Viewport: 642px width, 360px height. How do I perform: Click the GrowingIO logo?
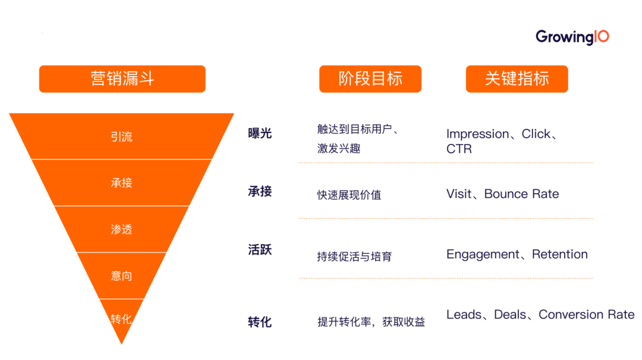[572, 37]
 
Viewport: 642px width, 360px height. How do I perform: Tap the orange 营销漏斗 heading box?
[122, 78]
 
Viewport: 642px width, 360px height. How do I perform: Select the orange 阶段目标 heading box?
[370, 78]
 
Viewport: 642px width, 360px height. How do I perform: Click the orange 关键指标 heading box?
[517, 78]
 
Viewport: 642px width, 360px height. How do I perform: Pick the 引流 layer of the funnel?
[121, 137]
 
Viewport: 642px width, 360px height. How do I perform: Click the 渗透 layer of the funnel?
[121, 229]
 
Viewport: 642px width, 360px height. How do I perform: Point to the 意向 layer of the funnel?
[121, 276]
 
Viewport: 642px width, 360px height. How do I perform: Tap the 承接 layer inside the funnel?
[121, 183]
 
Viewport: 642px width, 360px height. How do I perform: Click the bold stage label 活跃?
[260, 250]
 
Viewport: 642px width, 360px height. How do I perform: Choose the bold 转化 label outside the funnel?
[260, 322]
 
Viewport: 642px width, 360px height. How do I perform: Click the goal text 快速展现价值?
[349, 195]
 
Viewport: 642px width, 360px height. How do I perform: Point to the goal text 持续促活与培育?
[354, 257]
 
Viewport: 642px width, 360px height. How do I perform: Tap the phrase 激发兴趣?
[339, 149]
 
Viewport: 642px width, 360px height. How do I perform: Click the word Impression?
[477, 134]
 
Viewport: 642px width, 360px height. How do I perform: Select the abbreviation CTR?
[459, 149]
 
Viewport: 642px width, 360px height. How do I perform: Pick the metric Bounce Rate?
[521, 194]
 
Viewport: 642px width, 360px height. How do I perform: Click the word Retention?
[559, 254]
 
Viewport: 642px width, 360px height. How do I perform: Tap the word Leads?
[464, 315]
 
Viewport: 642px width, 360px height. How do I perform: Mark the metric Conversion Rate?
[586, 315]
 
